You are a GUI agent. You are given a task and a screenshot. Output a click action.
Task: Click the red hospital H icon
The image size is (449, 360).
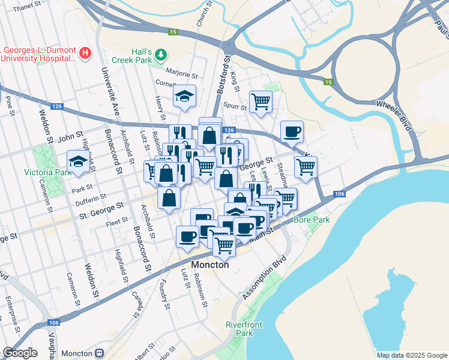[85, 53]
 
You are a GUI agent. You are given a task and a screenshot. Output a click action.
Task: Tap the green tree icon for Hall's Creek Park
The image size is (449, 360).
[160, 56]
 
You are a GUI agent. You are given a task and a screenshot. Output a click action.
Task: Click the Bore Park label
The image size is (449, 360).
[312, 220]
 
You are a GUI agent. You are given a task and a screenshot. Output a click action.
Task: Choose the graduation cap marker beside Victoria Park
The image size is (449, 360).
[78, 161]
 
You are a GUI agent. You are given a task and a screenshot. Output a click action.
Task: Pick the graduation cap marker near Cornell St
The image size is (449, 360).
[185, 95]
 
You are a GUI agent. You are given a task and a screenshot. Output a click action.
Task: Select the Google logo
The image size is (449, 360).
[20, 353]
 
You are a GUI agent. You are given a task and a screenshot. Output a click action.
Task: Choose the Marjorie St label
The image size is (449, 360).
[182, 75]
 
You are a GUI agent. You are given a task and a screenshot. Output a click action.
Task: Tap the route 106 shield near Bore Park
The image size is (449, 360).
[339, 194]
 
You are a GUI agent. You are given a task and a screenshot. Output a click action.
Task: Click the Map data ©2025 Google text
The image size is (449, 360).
[411, 355]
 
